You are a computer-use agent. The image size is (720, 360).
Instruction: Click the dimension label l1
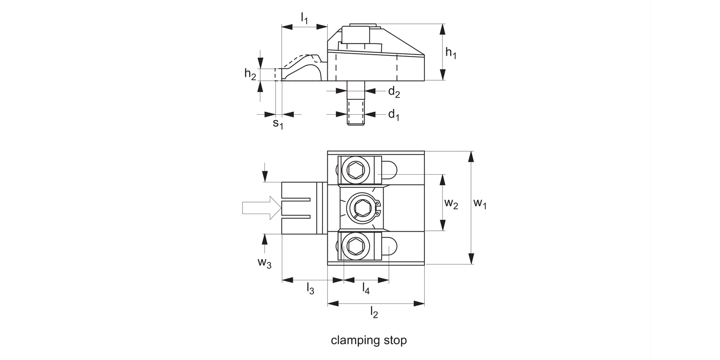[x=304, y=18]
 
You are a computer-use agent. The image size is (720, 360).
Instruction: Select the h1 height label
[x=451, y=52]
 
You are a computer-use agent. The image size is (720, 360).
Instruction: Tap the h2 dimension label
[x=250, y=74]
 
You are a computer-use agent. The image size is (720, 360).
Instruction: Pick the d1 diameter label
[x=394, y=115]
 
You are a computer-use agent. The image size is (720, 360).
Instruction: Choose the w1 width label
[x=480, y=204]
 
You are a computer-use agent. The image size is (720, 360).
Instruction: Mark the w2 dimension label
[x=451, y=204]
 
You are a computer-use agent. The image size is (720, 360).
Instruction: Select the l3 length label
[x=311, y=288]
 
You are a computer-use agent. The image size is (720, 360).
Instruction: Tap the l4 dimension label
[x=366, y=288]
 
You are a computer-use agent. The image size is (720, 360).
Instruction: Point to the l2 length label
[x=374, y=312]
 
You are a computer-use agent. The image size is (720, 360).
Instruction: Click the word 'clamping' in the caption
[x=353, y=341]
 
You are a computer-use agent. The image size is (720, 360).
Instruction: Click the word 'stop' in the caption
[x=395, y=340]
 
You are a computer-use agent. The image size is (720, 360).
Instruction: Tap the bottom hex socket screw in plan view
[x=355, y=247]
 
